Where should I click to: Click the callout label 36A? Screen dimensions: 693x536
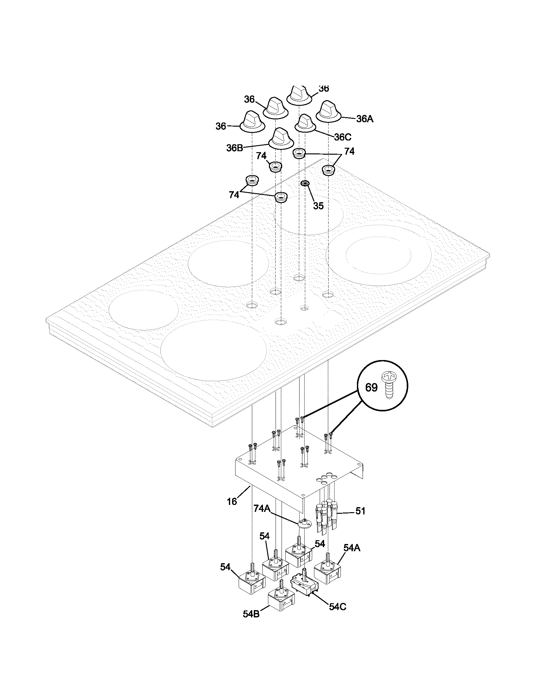[365, 119]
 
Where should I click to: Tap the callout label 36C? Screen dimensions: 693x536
[343, 137]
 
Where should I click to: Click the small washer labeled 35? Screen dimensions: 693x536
[305, 183]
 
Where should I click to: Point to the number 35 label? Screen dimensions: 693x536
[318, 206]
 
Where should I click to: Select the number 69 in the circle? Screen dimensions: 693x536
[371, 387]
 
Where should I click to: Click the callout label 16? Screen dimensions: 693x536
[232, 502]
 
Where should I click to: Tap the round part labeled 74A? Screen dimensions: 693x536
[304, 523]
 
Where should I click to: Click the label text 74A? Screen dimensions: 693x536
[262, 508]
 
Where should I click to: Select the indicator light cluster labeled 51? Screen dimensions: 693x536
[326, 516]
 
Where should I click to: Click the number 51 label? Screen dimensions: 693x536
[360, 511]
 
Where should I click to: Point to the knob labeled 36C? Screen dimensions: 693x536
[305, 123]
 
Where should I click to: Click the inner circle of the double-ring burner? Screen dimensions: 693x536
[378, 254]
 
